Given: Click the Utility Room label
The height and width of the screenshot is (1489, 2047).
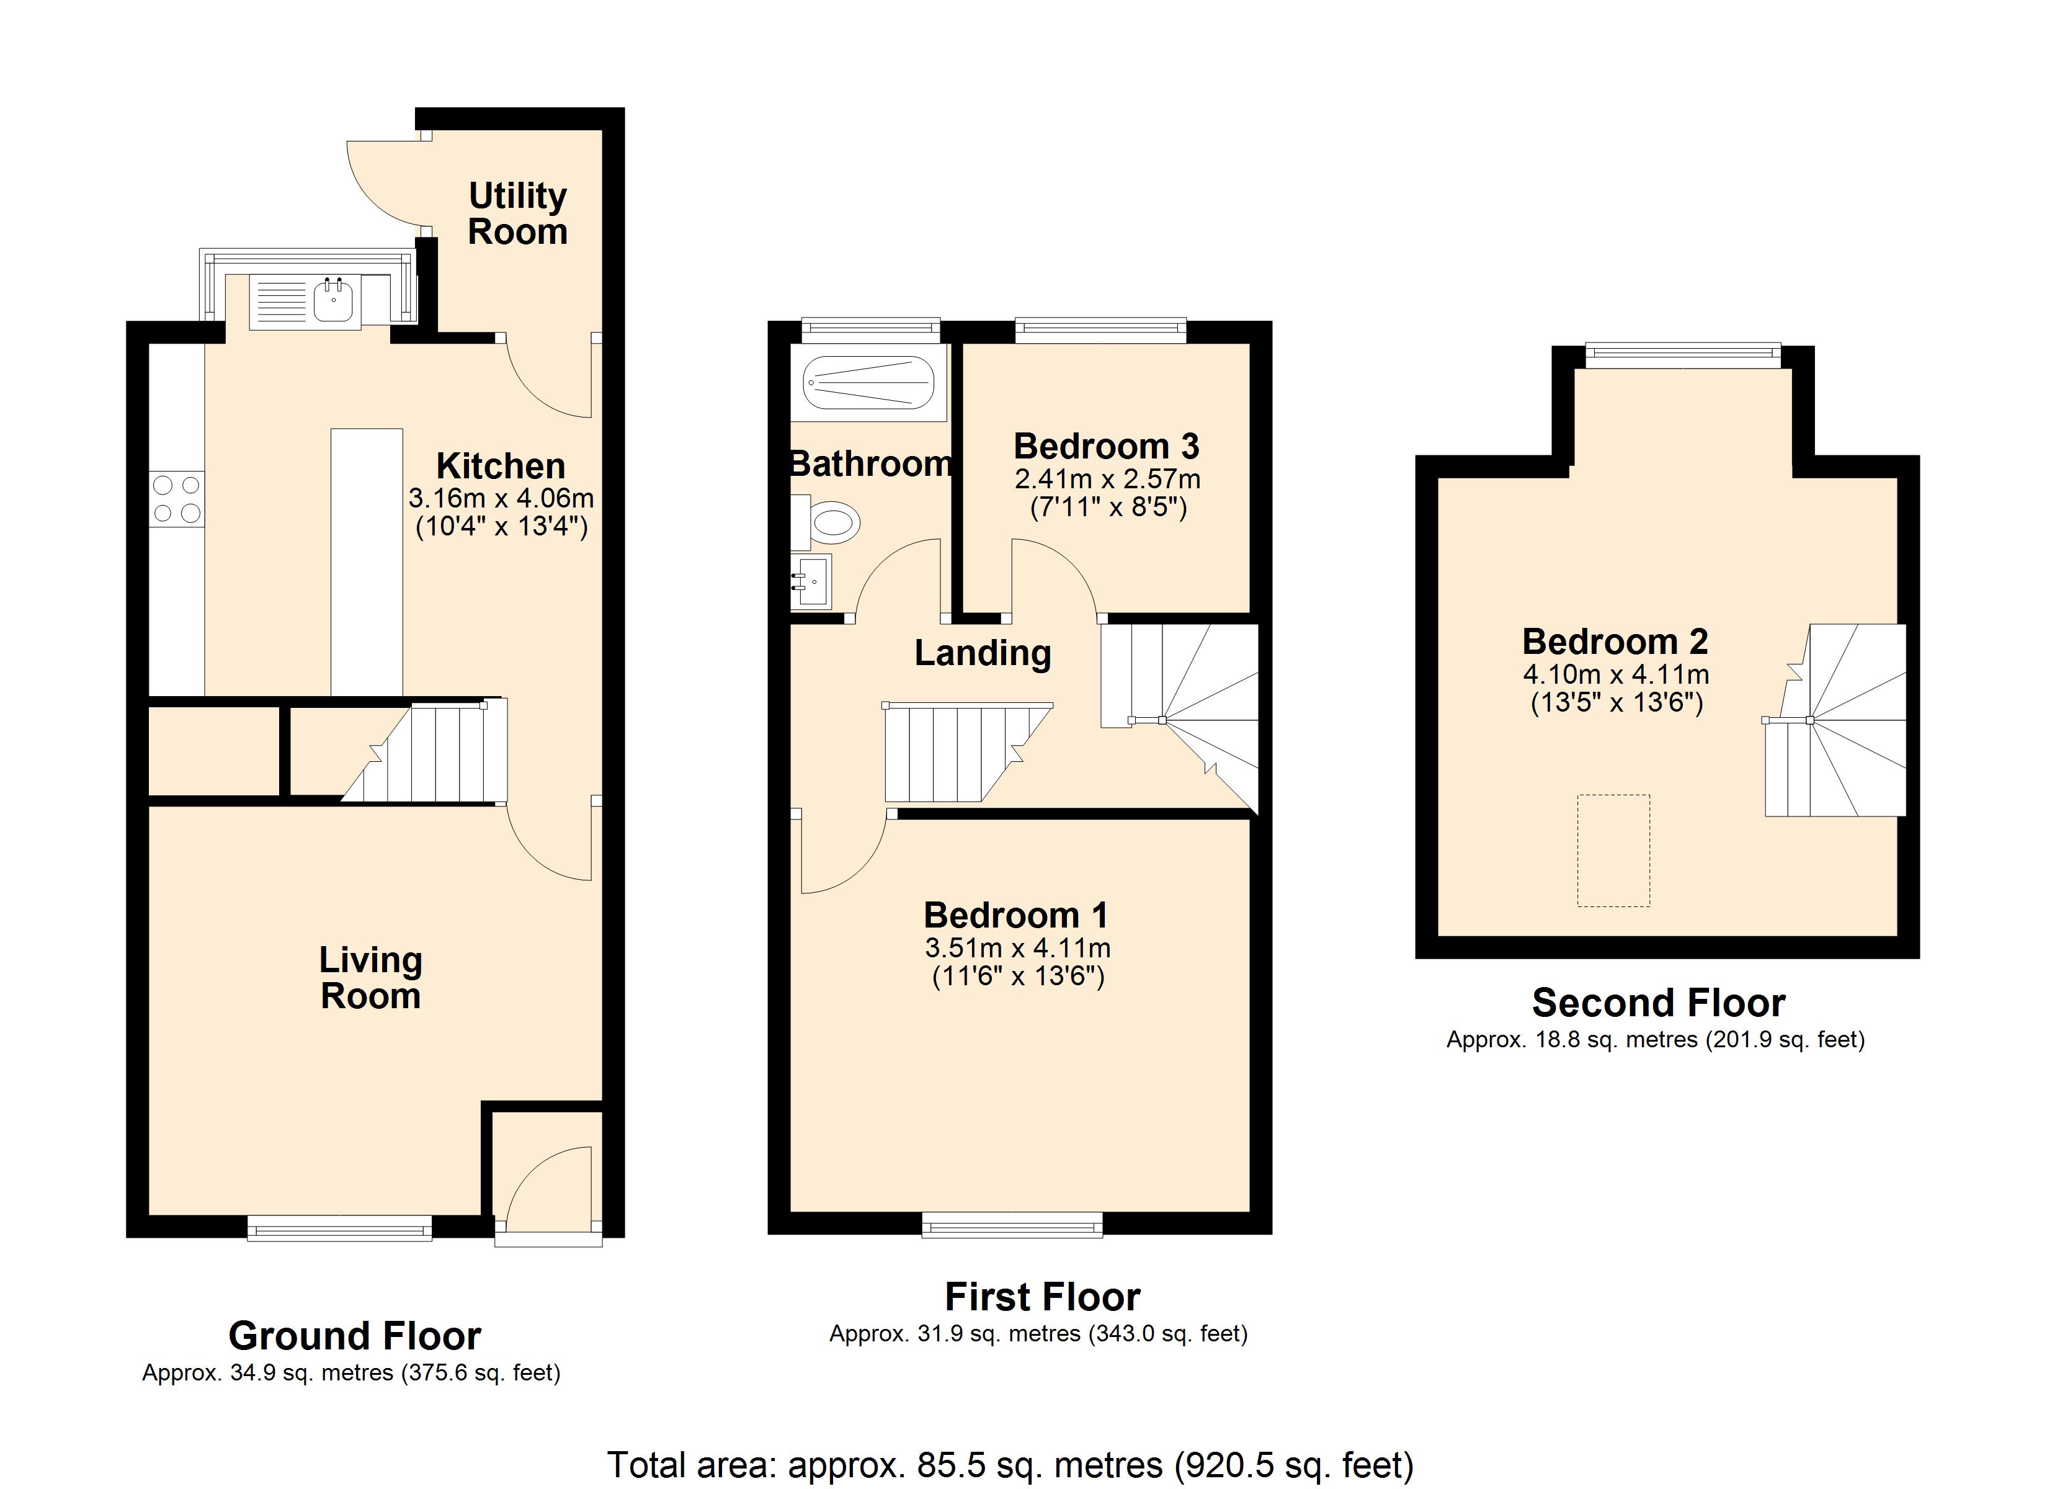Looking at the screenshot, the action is pos(518,214).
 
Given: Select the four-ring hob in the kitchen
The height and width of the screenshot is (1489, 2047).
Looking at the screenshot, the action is pos(177,499).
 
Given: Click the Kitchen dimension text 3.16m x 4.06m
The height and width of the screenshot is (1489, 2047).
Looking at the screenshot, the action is pos(501,498).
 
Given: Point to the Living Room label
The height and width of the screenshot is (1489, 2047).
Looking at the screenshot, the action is pos(371,978).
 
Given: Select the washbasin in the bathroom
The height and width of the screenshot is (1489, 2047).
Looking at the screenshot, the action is pos(811,581).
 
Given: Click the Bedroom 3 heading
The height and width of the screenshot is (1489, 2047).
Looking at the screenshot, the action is pos(1107,446).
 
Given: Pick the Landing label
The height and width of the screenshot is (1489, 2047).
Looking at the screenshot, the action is pos(983,653).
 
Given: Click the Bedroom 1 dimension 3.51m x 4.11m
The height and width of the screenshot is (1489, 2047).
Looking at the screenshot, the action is pos(1018,948).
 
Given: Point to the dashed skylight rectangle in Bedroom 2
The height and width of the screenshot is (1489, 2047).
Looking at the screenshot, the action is pos(1614,851).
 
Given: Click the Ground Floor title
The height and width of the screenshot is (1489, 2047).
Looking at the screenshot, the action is pos(355,1336).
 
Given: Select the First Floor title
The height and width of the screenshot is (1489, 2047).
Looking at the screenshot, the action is pos(1043,1297).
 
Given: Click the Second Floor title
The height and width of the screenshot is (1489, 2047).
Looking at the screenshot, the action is pos(1659,1003).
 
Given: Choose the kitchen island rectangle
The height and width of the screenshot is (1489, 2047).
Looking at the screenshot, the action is pos(367,563).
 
